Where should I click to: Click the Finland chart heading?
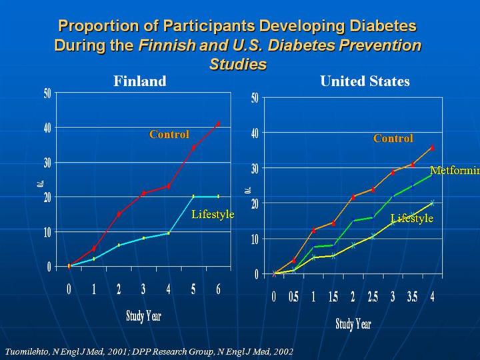139,81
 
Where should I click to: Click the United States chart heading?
365,81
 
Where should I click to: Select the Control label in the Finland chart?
169,135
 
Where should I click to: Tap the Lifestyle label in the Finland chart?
213,214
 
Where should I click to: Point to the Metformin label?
455,170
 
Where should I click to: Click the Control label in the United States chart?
393,139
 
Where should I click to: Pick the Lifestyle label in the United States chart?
411,218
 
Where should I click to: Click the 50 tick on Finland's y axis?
47,93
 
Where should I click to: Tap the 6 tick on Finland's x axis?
218,289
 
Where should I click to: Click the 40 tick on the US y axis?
254,133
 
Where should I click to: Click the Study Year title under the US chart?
353,324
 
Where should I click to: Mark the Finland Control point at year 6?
218,124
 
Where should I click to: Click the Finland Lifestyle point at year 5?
193,197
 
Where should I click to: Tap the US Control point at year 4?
432,148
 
